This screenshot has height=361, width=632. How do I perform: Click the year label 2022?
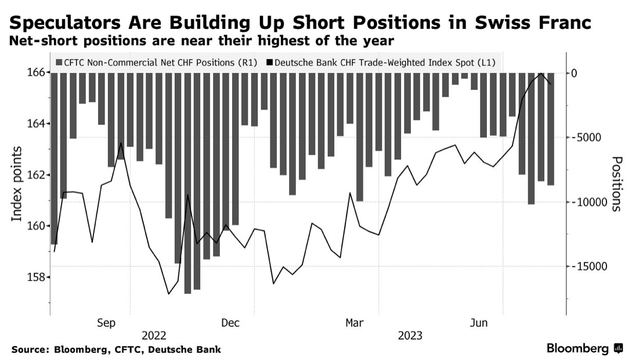154,336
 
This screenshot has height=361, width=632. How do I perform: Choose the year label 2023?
410,336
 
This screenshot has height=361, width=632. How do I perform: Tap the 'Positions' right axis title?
616,184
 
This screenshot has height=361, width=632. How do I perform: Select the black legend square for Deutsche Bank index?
270,62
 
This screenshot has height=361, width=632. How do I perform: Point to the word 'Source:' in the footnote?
30,349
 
